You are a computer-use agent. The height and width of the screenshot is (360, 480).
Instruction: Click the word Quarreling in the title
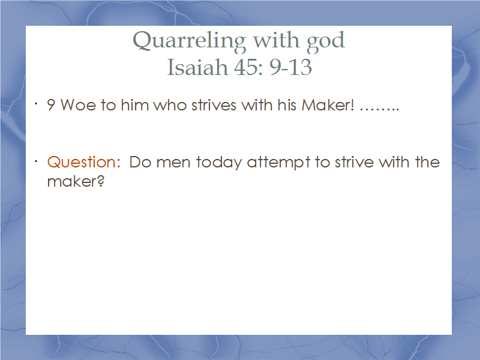pos(189,41)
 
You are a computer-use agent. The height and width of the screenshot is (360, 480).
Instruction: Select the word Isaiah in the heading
pos(197,67)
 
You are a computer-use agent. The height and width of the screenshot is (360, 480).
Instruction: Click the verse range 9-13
pos(290,67)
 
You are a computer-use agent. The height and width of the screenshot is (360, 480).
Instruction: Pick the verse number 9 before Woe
pos(51,105)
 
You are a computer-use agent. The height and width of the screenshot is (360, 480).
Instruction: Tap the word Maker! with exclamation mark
pos(328,105)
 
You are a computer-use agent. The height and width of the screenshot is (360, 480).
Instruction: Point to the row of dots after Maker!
pos(379,109)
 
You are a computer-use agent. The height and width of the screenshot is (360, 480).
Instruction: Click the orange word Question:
pos(83,162)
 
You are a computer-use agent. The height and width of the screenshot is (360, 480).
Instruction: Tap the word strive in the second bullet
pos(354,162)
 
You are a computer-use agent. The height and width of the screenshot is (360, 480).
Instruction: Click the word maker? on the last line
pos(76,181)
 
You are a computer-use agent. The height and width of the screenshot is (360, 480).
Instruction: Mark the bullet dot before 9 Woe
pos(36,104)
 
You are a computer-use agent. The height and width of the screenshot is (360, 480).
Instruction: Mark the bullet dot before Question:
pos(36,161)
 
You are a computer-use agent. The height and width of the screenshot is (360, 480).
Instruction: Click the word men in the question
pos(173,163)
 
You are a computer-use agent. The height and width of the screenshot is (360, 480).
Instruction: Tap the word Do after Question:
pos(140,162)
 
